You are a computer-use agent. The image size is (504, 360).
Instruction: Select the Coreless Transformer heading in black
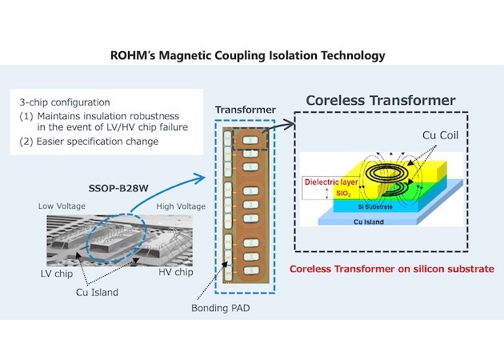coord(381,102)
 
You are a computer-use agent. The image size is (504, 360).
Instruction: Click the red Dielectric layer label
coord(330,182)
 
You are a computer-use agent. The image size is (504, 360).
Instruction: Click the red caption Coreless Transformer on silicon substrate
coord(391,269)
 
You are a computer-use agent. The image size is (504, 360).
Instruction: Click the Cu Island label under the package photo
coord(94,292)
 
